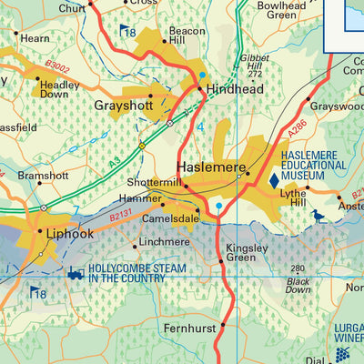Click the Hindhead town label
pos(237,91)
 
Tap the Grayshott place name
pos(126,106)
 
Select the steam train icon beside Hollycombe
pos(76,273)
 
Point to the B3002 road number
pos(57,66)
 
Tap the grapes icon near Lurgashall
pos(343,353)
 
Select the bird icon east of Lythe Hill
pos(318,217)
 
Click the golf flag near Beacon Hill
pos(125,30)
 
